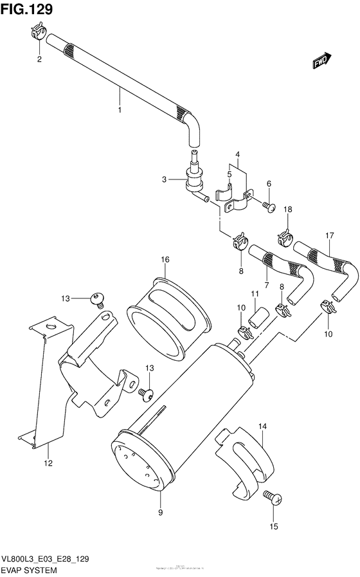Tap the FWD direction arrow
coord(321,60)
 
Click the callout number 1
coord(119,111)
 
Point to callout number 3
coord(165,179)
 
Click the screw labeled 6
coord(269,206)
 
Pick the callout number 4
coord(237,154)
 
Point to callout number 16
coord(165,259)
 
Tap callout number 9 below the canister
coord(160,512)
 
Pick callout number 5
coord(229,174)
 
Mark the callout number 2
coord(39,59)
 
